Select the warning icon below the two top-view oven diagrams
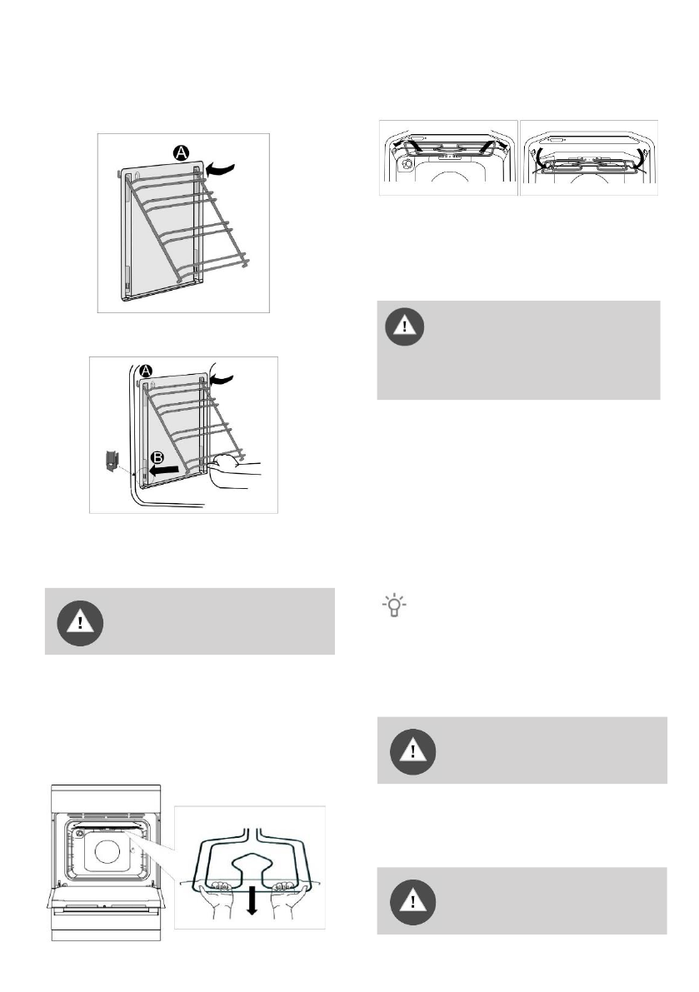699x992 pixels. (x=406, y=327)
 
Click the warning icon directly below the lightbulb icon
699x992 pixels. (x=410, y=751)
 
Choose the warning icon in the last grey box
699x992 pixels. (x=410, y=902)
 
